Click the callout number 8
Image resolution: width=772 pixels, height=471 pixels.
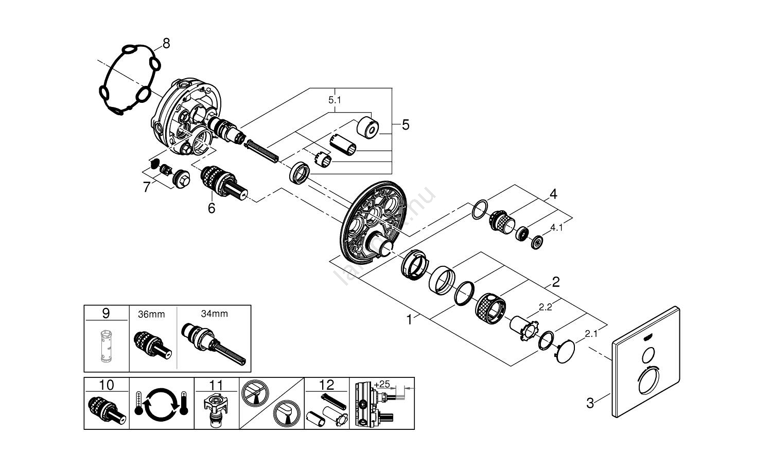(166, 44)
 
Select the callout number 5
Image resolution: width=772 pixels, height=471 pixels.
(406, 125)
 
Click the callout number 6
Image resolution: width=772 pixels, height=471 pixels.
(211, 208)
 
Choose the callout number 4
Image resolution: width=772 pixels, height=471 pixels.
(553, 194)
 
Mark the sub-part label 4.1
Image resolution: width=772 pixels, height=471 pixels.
(557, 227)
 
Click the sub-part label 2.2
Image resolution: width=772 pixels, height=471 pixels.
(545, 307)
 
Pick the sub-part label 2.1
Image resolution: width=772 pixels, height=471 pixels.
(591, 334)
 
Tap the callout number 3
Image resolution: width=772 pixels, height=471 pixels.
(590, 403)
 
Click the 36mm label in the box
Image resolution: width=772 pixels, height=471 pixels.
(151, 314)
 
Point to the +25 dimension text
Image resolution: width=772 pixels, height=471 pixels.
(382, 384)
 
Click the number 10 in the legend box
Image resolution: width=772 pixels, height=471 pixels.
(106, 385)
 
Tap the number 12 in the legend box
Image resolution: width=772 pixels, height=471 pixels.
(327, 385)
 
